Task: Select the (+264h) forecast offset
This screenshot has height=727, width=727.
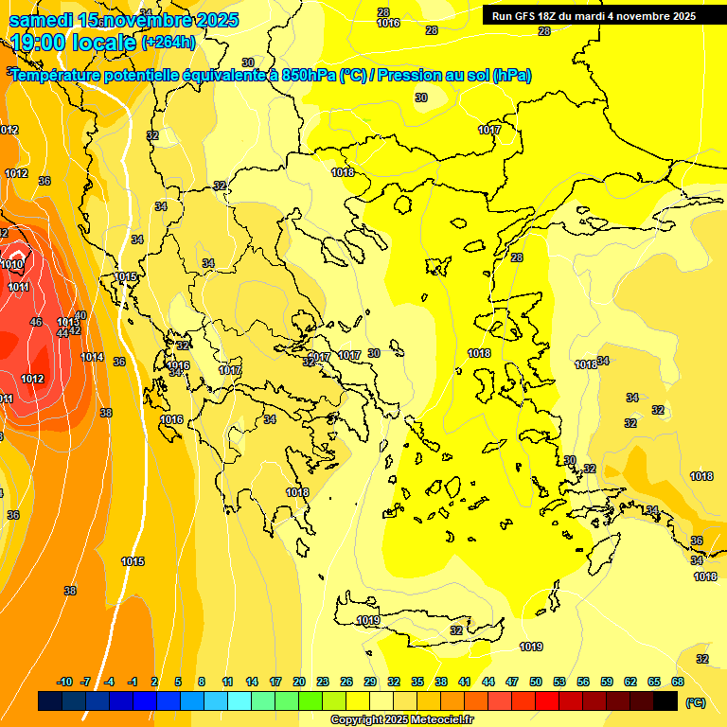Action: tap(168, 42)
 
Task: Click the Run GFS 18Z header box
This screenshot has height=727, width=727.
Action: tap(594, 16)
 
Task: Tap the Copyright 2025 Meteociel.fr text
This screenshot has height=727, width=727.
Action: tap(402, 720)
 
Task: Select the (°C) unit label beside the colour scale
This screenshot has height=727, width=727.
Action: tap(695, 702)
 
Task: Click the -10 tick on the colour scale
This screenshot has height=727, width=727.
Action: tap(64, 683)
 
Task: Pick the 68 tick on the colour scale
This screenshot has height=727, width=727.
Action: tap(678, 683)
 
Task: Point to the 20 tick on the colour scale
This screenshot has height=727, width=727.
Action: tap(299, 683)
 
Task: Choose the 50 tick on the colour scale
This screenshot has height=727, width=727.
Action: tap(536, 683)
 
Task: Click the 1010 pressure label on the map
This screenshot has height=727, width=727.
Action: tap(13, 265)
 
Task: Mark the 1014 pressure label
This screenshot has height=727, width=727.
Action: tap(92, 357)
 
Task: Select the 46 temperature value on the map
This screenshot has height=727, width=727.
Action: tap(36, 323)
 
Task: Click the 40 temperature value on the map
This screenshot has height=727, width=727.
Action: tap(80, 315)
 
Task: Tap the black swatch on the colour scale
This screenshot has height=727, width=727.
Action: tap(665, 701)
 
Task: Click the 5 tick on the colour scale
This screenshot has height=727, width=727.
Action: tap(178, 683)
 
